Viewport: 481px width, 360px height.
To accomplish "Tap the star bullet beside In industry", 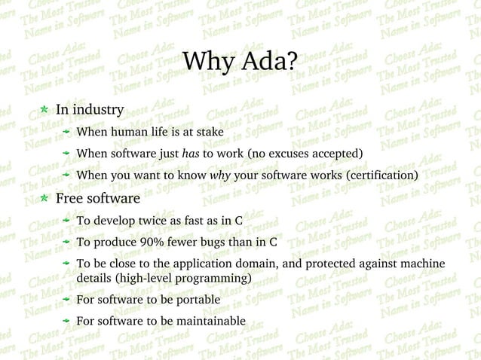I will coord(44,110).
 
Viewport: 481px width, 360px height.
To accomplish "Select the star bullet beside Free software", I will coord(44,199).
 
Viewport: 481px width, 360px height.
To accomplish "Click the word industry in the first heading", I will coord(98,110).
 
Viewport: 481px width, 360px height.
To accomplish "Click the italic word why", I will coord(220,176).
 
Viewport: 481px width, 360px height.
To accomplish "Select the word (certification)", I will coord(381,176).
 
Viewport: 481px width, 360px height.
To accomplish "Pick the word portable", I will coord(196,300).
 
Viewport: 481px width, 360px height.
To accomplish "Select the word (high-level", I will coord(108,279).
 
